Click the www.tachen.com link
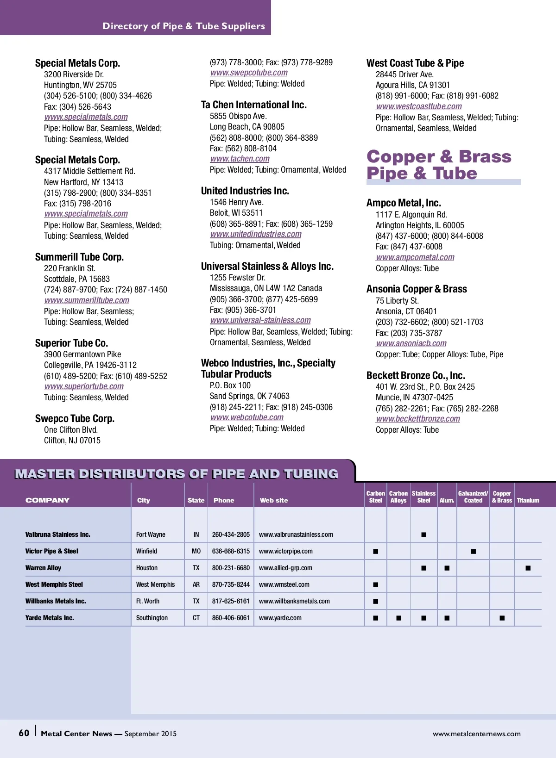[240, 159]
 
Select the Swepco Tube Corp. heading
[75, 418]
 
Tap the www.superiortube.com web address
[84, 386]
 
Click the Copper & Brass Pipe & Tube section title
[438, 165]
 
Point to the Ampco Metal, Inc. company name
[404, 203]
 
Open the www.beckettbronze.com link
[418, 419]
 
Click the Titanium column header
[528, 500]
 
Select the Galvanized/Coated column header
[473, 497]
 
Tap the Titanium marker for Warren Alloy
[528, 568]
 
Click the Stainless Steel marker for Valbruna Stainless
[423, 534]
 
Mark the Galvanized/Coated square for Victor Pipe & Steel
[473, 551]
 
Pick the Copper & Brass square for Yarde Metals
[502, 618]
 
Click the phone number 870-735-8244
[231, 584]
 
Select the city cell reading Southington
[152, 618]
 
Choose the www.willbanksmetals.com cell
[294, 601]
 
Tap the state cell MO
[196, 551]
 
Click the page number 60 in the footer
[24, 733]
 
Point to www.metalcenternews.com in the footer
[476, 733]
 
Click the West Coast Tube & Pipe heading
[415, 63]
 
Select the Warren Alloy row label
[43, 568]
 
